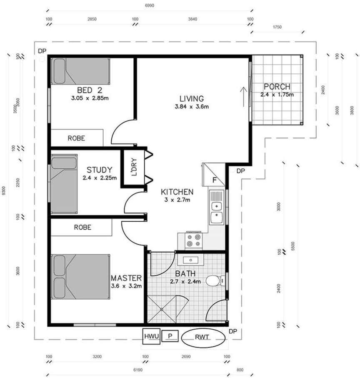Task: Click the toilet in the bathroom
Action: click(214, 281)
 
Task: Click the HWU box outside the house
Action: click(151, 336)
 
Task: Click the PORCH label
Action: click(277, 87)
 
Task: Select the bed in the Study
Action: click(63, 183)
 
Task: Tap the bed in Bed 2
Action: click(80, 71)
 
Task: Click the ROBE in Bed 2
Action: click(77, 138)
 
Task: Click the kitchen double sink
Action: click(216, 210)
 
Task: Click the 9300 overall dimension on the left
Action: click(4, 190)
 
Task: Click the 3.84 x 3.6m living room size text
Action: click(192, 107)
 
